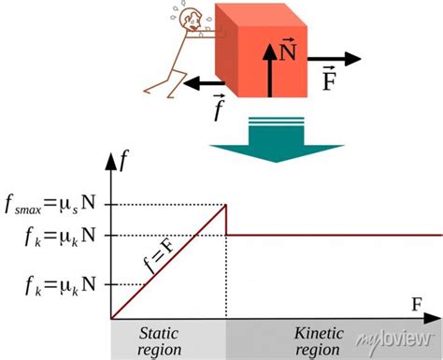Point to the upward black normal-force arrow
[x=272, y=70]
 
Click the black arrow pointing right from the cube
[x=336, y=59]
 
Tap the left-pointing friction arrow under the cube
[x=206, y=85]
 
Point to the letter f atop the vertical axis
[x=122, y=161]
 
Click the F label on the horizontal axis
[x=416, y=305]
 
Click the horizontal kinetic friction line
[x=336, y=235]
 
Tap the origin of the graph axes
[x=111, y=318]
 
